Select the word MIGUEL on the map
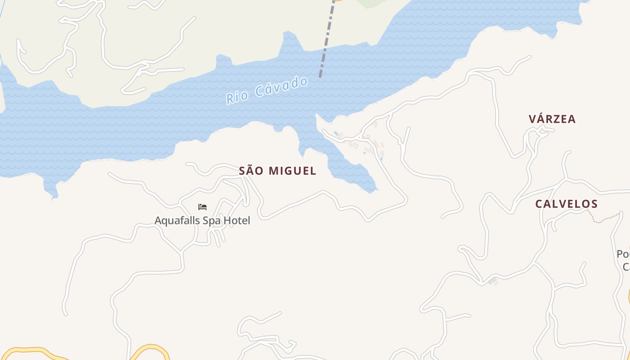pos(292,171)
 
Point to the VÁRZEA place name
pos(552,119)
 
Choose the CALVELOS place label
pos(566,204)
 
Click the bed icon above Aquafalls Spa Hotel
pos(202,207)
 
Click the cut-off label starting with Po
pos(623,255)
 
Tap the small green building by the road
pos(493,281)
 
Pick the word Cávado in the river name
pos(282,87)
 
